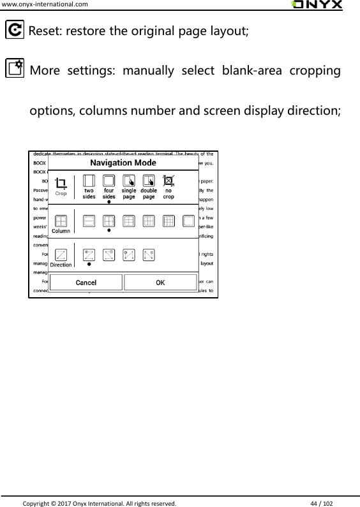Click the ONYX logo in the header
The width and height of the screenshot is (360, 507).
[316, 5]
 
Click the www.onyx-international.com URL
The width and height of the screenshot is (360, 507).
[45, 4]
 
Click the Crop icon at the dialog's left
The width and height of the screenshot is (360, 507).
[61, 184]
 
